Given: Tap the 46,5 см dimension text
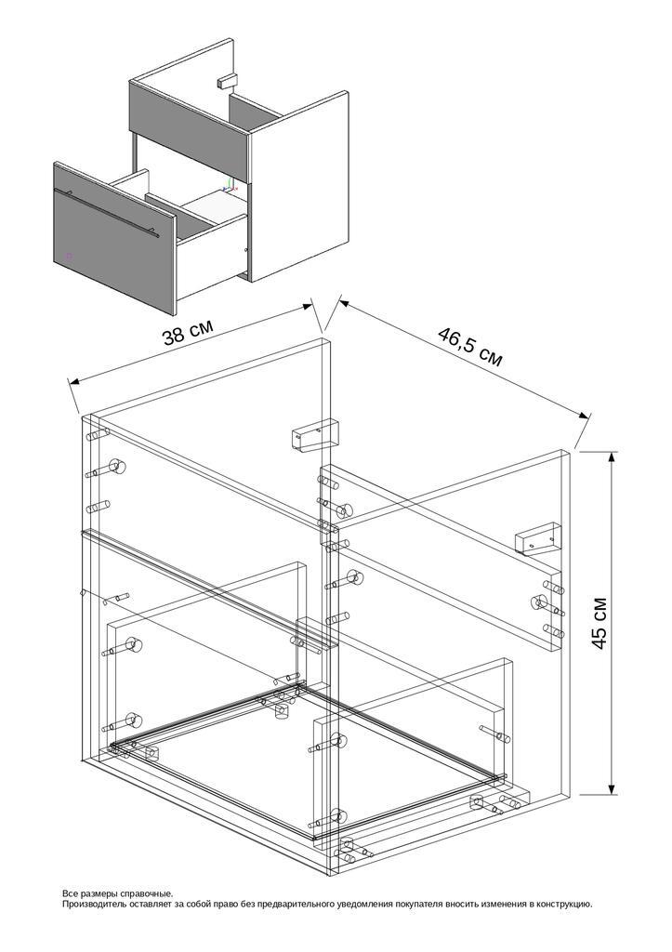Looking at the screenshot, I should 469,346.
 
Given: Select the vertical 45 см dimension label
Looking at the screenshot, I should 600,623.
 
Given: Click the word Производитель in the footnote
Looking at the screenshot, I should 91,904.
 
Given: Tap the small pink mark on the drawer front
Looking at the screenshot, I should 69,255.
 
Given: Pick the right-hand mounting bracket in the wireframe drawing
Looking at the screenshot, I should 538,539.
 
